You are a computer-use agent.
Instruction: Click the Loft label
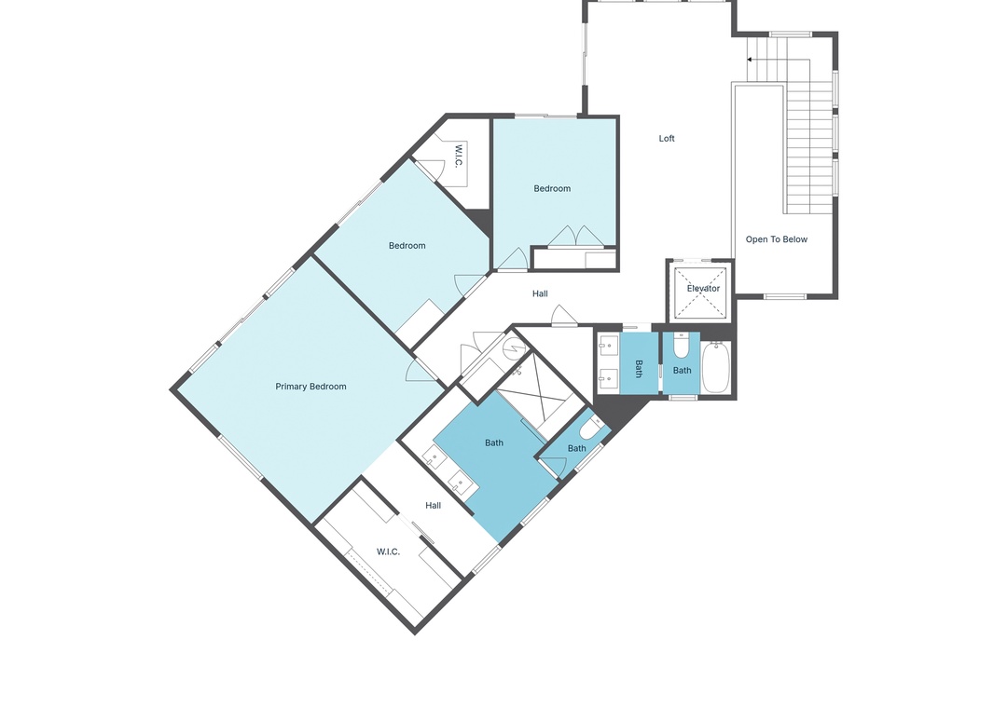coord(667,139)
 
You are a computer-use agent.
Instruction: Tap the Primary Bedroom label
coord(310,387)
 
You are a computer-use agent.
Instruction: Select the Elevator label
coord(703,288)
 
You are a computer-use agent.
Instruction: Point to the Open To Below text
coord(777,239)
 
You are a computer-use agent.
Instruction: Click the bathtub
coord(716,367)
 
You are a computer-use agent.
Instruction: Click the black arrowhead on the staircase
coord(750,60)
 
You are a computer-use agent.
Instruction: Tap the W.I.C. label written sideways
coord(459,156)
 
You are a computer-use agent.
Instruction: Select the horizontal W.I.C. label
coord(388,552)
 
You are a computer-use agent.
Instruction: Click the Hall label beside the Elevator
coord(540,294)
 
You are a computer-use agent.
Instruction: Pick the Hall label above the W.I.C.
coord(434,506)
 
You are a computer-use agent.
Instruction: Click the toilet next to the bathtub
coord(681,346)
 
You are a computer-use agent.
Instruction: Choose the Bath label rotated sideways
coord(639,369)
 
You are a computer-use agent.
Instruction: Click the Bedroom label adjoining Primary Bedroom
coord(407,246)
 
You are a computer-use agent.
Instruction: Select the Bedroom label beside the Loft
coord(552,189)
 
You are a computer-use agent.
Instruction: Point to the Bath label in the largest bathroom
coord(494,442)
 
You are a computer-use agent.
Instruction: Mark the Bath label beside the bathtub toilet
coord(682,371)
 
